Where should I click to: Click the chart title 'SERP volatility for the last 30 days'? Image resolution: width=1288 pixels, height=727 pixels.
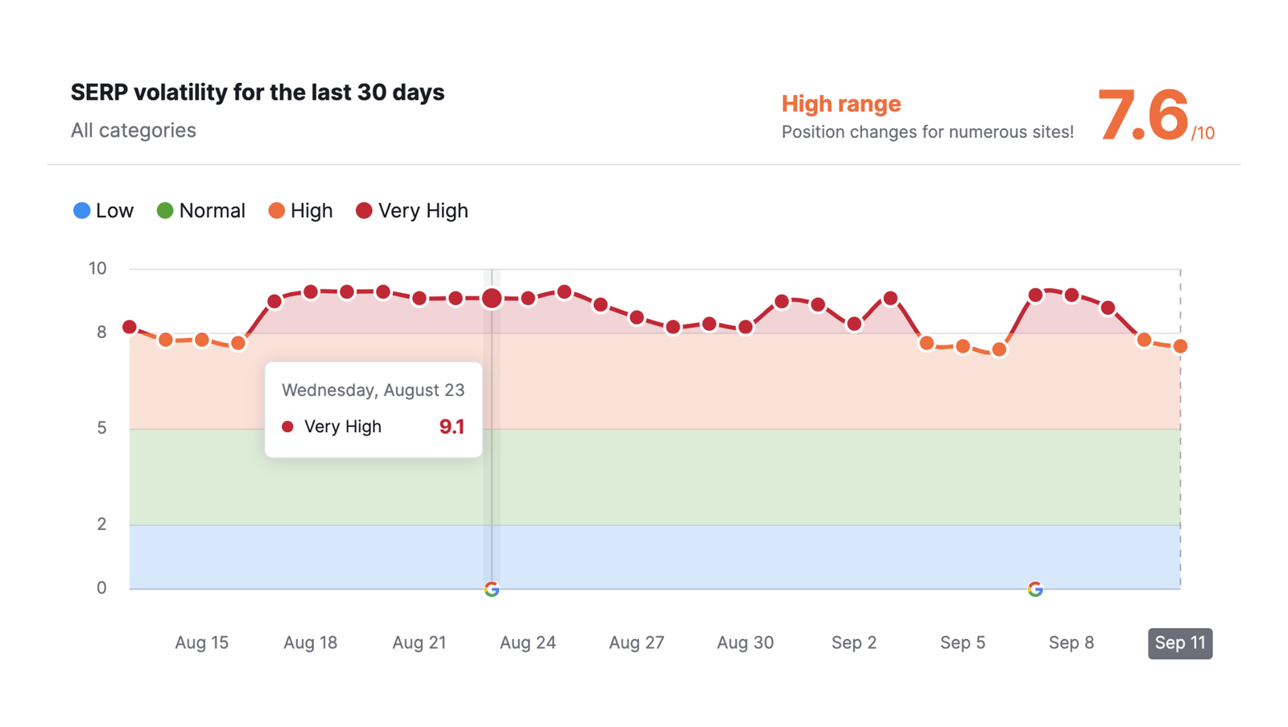tap(258, 93)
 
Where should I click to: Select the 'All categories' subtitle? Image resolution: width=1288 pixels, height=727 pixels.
tap(134, 130)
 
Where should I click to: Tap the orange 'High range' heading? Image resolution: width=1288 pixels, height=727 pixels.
tap(840, 104)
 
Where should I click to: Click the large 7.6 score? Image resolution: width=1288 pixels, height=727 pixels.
tap(1142, 116)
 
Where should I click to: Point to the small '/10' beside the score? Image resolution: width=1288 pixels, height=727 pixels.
tap(1203, 134)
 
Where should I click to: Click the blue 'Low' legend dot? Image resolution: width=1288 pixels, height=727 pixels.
tap(81, 211)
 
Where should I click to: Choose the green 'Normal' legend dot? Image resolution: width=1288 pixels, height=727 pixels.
tap(165, 211)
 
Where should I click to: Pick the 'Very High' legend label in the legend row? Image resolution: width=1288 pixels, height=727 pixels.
tap(423, 211)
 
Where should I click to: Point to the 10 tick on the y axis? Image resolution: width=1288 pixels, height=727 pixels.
tap(97, 268)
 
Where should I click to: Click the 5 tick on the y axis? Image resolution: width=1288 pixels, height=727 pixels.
tap(101, 428)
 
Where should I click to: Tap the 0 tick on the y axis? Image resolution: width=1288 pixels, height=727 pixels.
tap(101, 589)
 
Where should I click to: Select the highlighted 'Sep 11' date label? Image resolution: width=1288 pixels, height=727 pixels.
tap(1179, 642)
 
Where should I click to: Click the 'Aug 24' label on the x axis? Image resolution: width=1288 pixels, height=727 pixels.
tap(527, 642)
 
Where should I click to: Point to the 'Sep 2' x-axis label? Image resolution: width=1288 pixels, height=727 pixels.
tap(853, 642)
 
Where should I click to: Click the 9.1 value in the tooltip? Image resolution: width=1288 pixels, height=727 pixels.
tap(452, 427)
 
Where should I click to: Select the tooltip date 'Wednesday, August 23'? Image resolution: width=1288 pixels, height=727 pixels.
tap(373, 390)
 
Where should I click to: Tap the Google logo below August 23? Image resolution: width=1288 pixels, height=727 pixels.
tap(492, 589)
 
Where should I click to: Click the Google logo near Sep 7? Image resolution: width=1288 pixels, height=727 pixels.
tap(1035, 589)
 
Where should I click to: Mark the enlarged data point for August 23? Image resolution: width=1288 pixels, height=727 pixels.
tap(492, 299)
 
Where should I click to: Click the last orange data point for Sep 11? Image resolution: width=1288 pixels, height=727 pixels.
tap(1180, 346)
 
